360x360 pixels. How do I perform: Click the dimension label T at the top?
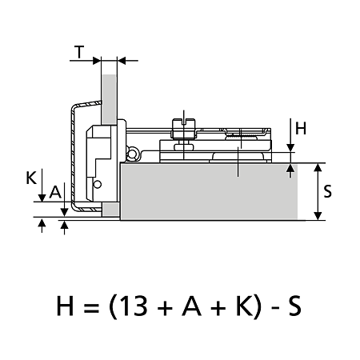[79, 52]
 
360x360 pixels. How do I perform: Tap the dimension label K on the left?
[31, 178]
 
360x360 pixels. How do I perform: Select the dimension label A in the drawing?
[55, 192]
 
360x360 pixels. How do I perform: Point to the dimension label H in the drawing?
[301, 128]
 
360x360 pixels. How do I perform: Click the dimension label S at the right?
[328, 191]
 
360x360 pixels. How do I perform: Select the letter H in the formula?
[65, 306]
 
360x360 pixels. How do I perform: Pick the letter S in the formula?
[294, 306]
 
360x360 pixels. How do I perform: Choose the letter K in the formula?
[244, 306]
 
